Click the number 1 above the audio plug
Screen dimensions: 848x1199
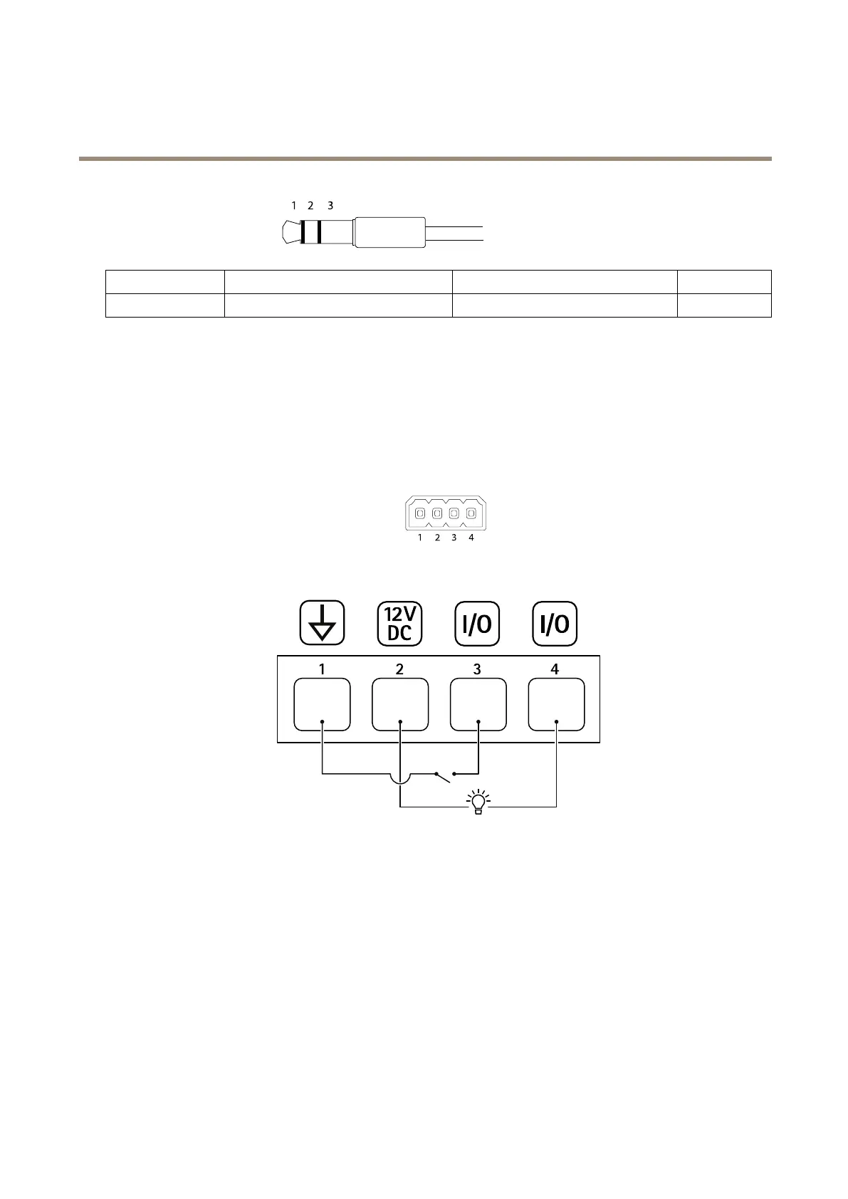(293, 206)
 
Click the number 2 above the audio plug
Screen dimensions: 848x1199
(310, 206)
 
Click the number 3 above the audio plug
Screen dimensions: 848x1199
(330, 206)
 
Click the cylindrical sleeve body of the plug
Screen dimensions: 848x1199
(390, 232)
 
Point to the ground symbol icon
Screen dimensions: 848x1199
(323, 624)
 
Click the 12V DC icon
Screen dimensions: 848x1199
(399, 624)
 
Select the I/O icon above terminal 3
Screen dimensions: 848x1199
(477, 624)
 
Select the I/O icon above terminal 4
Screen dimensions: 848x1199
(555, 624)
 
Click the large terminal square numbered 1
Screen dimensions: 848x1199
(323, 704)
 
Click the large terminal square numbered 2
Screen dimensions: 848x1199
(400, 704)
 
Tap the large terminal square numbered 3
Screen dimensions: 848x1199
(478, 704)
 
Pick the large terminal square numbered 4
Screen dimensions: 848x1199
(556, 704)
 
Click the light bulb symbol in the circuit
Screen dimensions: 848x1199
(478, 801)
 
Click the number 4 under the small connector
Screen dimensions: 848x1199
(471, 538)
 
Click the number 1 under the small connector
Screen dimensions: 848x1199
(420, 538)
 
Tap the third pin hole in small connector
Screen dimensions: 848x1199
(454, 513)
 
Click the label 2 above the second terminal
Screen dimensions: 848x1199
(400, 669)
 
